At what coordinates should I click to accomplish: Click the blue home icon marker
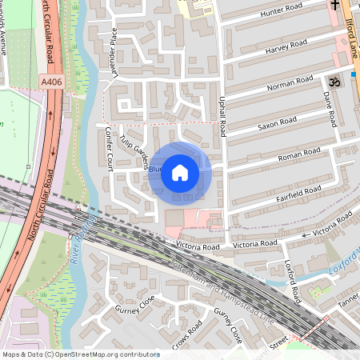tap(180, 172)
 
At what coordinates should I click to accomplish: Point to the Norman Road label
tap(290, 82)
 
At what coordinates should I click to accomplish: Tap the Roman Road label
tap(298, 154)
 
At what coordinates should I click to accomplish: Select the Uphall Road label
tap(225, 112)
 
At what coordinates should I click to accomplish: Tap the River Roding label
tap(80, 240)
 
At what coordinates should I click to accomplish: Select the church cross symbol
tap(335, 6)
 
